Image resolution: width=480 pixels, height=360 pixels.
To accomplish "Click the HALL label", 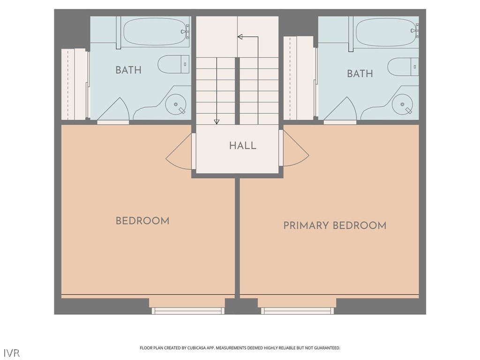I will [x=242, y=145].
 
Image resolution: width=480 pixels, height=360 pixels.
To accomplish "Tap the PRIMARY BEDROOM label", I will [x=335, y=225].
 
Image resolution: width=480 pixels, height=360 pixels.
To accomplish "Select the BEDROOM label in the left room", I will [x=142, y=221].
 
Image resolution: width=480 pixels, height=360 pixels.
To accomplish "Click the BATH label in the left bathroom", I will [x=128, y=70].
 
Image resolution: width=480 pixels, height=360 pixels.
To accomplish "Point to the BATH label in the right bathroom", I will [x=360, y=74].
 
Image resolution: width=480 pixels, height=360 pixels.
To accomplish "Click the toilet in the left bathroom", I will [x=174, y=64].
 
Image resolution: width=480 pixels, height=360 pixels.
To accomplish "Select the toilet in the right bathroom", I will [x=404, y=67].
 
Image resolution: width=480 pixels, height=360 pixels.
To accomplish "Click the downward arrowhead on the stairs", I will [x=217, y=122].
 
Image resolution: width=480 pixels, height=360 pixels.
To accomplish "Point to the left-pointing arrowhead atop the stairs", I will [x=240, y=37].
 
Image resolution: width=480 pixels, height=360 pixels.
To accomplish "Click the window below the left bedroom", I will [x=187, y=310].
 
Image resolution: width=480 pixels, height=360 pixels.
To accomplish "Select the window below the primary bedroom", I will [x=297, y=310].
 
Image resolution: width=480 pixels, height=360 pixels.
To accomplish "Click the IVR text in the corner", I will [x=12, y=352].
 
